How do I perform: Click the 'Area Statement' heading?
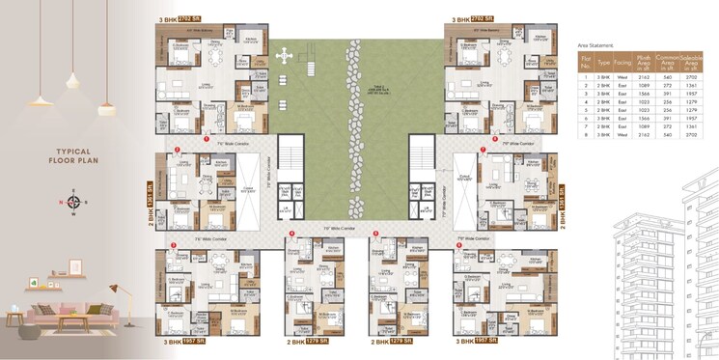(x=595, y=45)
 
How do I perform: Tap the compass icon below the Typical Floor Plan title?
(x=73, y=202)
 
